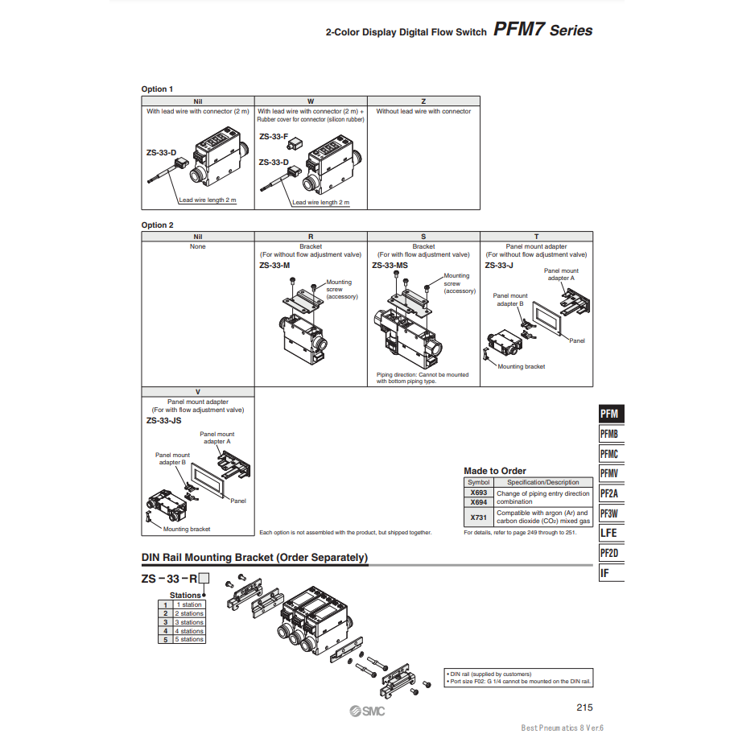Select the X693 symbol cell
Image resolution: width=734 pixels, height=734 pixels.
[478, 493]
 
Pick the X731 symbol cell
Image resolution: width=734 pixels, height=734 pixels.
[478, 517]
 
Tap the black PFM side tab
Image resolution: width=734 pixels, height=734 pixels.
[610, 414]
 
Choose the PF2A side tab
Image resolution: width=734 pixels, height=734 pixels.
[610, 493]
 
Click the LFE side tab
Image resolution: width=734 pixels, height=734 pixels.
[610, 533]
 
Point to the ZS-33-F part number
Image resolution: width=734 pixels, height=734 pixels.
[274, 137]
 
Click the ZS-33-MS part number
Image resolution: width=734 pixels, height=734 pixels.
[390, 265]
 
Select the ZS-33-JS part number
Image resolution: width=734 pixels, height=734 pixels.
[163, 419]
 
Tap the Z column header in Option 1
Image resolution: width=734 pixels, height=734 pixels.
[423, 101]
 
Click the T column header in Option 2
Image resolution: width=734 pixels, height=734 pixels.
[536, 237]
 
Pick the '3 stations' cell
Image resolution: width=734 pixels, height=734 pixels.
[191, 622]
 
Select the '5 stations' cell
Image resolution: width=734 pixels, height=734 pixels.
[191, 640]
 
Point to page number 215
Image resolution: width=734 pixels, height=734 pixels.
[584, 707]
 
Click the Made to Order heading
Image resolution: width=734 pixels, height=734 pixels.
[495, 471]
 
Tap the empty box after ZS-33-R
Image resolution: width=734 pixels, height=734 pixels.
[204, 578]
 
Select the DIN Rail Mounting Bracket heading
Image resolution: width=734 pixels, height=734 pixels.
[254, 557]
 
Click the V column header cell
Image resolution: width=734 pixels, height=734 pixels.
[198, 392]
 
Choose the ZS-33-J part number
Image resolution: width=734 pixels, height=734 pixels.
[499, 265]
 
